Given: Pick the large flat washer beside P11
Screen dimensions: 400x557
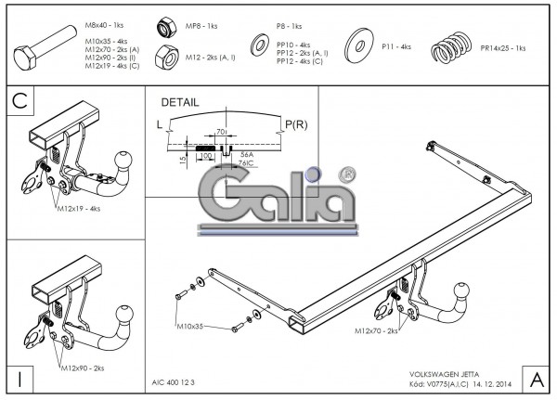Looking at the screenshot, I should pos(356,45).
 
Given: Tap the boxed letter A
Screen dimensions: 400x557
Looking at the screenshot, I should pos(537,379).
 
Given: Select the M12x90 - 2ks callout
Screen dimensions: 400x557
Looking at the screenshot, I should pos(83,369).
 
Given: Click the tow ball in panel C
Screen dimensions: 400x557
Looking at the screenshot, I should pos(123,162).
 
